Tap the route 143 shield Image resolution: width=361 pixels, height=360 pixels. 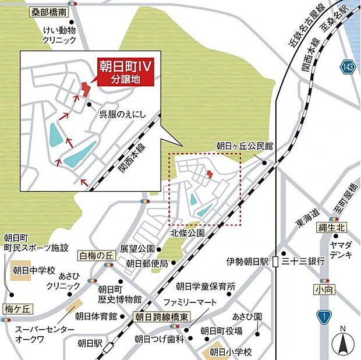pyautogui.click(x=348, y=68)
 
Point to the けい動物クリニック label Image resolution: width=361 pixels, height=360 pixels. pyautogui.click(x=59, y=35)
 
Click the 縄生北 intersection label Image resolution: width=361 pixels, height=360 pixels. pyautogui.click(x=329, y=228)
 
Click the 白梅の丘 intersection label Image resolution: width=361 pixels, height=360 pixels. pyautogui.click(x=96, y=255)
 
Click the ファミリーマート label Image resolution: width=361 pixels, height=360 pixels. pyautogui.click(x=190, y=303)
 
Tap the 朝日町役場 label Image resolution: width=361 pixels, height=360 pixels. pyautogui.click(x=221, y=331)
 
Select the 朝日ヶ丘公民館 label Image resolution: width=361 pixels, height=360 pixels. pyautogui.click(x=245, y=147)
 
